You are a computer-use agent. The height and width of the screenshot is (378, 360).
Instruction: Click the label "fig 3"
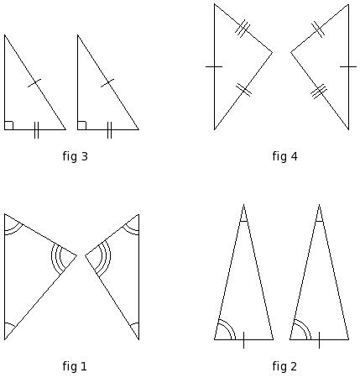[76, 156]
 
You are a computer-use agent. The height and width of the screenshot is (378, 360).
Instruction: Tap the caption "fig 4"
[284, 156]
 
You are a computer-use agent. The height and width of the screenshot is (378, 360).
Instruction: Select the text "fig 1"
[75, 366]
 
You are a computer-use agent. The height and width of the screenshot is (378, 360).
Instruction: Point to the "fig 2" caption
[284, 366]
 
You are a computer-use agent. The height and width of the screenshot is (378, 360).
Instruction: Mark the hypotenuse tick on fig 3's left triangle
[34, 83]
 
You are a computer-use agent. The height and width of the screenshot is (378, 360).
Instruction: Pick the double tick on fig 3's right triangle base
[109, 130]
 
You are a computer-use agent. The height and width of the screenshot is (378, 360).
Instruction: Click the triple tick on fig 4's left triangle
[243, 29]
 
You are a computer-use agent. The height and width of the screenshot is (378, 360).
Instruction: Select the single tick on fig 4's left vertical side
[214, 66]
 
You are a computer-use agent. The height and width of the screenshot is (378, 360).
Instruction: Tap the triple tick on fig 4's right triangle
[319, 92]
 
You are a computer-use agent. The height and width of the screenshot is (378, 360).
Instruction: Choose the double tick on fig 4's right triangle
[318, 29]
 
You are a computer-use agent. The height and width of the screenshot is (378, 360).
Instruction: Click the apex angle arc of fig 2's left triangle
[243, 221]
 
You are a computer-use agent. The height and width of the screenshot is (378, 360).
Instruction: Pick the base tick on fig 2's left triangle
[243, 340]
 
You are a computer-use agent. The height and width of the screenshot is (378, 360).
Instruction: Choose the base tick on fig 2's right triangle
[319, 340]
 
